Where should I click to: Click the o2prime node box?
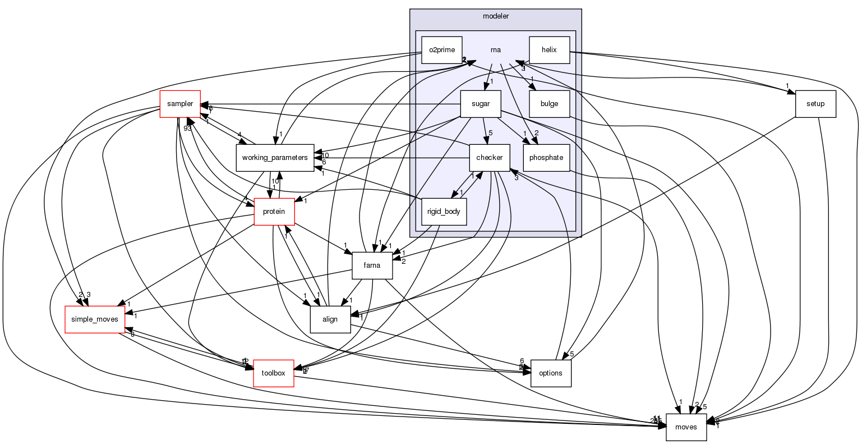[441, 50]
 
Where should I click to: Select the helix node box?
[549, 50]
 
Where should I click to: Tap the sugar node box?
[480, 104]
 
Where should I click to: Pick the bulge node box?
[549, 104]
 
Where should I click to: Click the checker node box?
[489, 158]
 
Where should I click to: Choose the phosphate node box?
[546, 158]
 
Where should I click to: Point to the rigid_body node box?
[444, 212]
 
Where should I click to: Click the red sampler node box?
[180, 104]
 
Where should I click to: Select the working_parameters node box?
[274, 158]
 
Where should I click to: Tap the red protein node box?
[274, 212]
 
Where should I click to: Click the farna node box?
[372, 266]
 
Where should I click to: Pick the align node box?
[330, 319]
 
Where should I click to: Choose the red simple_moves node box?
[95, 319]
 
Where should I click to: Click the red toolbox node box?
[274, 373]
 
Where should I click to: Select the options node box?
[550, 373]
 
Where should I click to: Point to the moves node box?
[686, 427]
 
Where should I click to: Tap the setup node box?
[815, 104]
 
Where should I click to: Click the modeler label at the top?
[496, 16]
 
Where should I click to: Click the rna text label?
[495, 50]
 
